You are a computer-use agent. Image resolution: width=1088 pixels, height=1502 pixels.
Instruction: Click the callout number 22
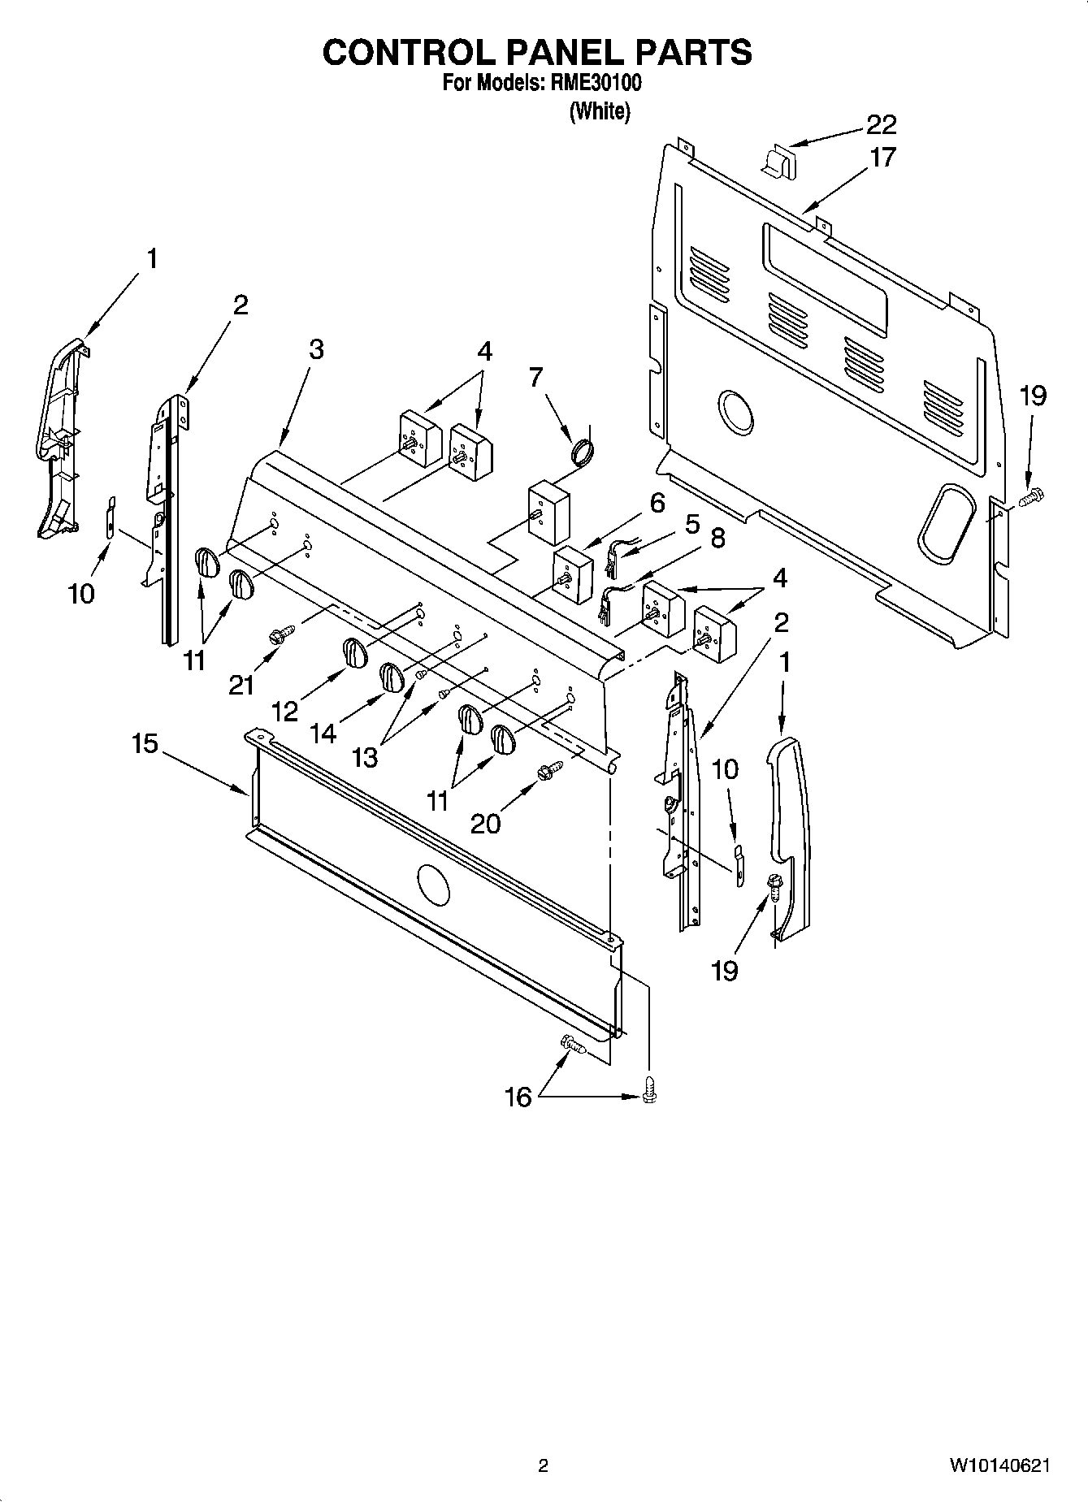click(882, 124)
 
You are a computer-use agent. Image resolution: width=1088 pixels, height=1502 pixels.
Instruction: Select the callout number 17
click(882, 156)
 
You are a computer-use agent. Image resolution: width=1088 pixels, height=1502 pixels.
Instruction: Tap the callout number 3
click(316, 349)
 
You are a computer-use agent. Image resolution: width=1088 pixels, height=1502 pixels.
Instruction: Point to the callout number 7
click(535, 377)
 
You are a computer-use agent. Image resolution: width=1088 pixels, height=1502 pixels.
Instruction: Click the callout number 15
click(145, 744)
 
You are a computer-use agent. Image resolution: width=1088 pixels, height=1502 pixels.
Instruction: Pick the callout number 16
click(518, 1097)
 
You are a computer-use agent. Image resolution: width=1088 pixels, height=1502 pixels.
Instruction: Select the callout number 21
click(241, 686)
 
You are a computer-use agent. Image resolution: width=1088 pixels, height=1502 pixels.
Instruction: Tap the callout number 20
click(486, 824)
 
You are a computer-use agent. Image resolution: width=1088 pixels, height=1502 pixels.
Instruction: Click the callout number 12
click(284, 711)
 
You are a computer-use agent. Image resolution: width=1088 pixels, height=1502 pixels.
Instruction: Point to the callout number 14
click(323, 734)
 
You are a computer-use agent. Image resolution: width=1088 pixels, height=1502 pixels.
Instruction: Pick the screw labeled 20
click(549, 768)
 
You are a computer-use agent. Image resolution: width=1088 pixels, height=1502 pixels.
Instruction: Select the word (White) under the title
click(599, 111)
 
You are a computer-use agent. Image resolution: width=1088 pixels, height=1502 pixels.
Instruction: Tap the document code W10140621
click(999, 1465)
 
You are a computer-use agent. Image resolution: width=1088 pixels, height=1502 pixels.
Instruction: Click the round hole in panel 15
click(431, 884)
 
